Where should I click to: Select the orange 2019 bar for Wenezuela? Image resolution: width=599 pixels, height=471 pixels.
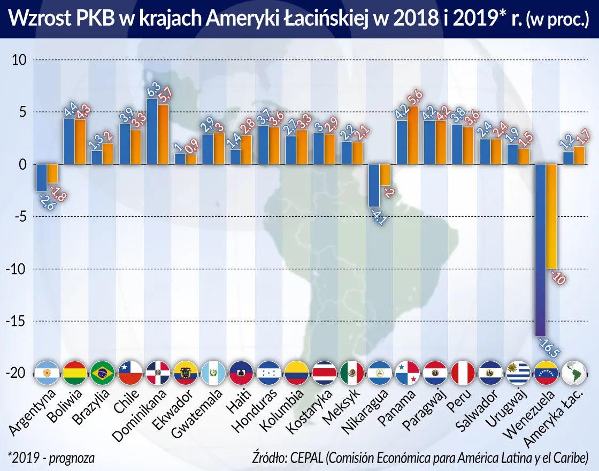click(x=551, y=216)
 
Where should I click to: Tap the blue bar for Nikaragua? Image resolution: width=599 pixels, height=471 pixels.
click(x=374, y=185)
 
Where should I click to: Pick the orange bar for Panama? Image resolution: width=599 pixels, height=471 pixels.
click(x=413, y=135)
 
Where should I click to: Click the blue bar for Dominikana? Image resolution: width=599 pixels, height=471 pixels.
click(x=152, y=131)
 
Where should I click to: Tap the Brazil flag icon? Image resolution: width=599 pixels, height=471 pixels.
click(x=102, y=373)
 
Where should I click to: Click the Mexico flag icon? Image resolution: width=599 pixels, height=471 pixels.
click(x=352, y=373)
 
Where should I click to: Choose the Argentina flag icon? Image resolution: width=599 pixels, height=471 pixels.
click(x=46, y=373)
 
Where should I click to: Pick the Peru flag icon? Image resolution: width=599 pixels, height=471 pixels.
click(x=463, y=373)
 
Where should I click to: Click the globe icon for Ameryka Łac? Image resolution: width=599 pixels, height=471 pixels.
click(x=574, y=373)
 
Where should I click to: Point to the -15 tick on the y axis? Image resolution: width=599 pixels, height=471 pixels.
click(x=19, y=321)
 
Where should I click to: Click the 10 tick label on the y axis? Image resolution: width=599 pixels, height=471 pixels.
click(x=19, y=60)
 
